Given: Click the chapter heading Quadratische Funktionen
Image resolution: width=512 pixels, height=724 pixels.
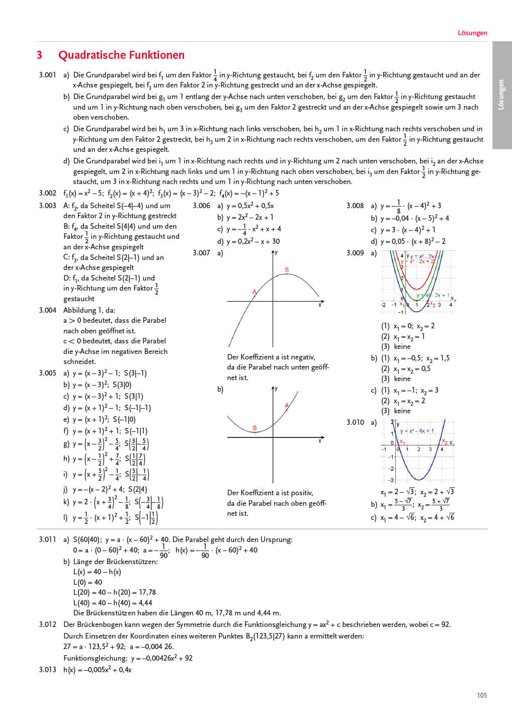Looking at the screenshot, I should pyautogui.click(x=121, y=55).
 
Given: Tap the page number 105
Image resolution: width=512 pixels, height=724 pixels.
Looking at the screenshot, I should pyautogui.click(x=482, y=695).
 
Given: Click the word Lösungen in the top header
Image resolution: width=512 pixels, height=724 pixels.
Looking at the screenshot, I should pyautogui.click(x=472, y=33).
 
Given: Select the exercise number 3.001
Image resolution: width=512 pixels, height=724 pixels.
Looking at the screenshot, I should pyautogui.click(x=47, y=75).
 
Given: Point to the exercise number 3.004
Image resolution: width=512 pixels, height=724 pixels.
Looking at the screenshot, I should pyautogui.click(x=47, y=310).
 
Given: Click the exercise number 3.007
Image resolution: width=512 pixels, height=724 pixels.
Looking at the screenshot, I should pyautogui.click(x=201, y=253).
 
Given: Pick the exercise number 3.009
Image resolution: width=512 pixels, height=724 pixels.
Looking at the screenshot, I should pyautogui.click(x=355, y=253).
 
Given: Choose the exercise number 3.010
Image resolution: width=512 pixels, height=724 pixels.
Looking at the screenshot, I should pyautogui.click(x=355, y=422).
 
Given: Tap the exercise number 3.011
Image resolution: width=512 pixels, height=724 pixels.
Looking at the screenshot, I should pyautogui.click(x=47, y=539).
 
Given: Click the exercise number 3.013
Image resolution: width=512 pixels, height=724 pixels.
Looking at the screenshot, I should pyautogui.click(x=47, y=670).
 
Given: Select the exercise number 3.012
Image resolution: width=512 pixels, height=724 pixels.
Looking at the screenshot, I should pyautogui.click(x=47, y=624).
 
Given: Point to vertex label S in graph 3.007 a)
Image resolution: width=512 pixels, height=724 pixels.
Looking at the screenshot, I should pyautogui.click(x=287, y=270).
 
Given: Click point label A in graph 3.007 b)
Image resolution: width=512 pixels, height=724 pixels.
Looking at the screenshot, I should pyautogui.click(x=287, y=405).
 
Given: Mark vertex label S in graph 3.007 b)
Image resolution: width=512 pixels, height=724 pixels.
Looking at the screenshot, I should pyautogui.click(x=254, y=428).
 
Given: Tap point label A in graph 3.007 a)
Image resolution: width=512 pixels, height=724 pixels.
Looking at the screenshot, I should pyautogui.click(x=254, y=292).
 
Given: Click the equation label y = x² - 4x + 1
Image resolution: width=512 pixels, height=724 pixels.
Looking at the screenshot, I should pyautogui.click(x=416, y=431).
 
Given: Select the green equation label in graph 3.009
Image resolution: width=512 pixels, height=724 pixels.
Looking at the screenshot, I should pyautogui.click(x=433, y=295).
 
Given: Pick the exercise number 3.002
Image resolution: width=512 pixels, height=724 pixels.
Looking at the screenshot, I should pyautogui.click(x=47, y=193).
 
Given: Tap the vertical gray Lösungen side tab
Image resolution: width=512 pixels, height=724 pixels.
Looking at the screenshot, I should pyautogui.click(x=501, y=95).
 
